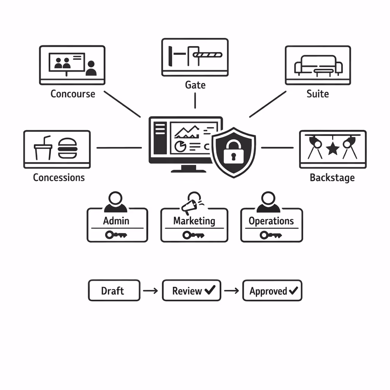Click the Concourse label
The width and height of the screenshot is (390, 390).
(x=73, y=94)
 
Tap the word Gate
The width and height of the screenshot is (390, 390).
(x=195, y=85)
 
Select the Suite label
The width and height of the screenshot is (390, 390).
(x=318, y=94)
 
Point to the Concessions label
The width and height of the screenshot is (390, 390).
(x=59, y=177)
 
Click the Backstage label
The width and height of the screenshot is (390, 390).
(x=332, y=177)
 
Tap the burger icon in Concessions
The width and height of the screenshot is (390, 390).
(x=68, y=148)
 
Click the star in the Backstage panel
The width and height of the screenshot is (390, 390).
(x=333, y=149)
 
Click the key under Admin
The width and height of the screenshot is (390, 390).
(x=116, y=235)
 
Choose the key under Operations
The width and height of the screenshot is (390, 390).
(x=271, y=235)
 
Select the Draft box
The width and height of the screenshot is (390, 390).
(x=114, y=291)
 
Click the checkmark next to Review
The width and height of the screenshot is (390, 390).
(x=210, y=291)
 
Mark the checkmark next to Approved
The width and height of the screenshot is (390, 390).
(x=293, y=291)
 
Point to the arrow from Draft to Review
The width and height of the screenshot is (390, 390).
(x=150, y=291)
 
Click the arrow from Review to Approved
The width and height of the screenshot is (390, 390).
(x=231, y=291)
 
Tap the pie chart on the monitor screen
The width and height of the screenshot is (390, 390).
(x=179, y=146)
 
